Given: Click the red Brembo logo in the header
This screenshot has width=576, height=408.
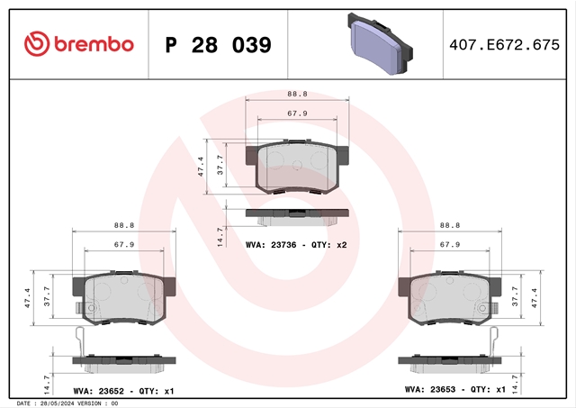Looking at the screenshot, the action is click(x=79, y=44).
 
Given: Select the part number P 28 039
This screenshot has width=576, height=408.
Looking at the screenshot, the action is click(x=218, y=45).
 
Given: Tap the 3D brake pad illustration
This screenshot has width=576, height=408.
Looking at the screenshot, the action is click(x=380, y=44).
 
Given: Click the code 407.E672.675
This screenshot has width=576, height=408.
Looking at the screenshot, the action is click(x=504, y=45).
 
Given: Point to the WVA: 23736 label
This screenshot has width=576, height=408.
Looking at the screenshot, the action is click(x=271, y=245).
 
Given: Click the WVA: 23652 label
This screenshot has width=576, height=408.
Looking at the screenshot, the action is click(x=98, y=391).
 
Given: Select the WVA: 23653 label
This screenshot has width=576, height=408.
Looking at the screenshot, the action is click(x=430, y=389).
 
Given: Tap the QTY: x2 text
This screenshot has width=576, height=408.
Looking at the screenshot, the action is click(x=329, y=245).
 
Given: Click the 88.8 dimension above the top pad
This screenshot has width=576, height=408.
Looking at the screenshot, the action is click(x=297, y=94).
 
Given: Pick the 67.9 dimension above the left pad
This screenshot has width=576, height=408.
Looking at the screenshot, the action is click(x=124, y=244).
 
